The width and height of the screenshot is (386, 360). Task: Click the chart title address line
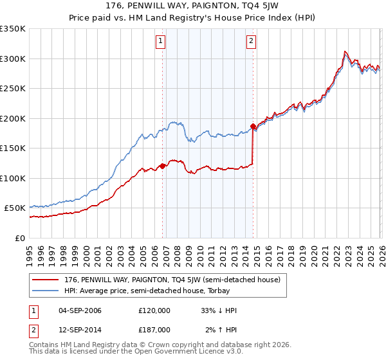[x=193, y=7]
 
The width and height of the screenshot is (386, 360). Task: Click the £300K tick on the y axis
[x=13, y=59]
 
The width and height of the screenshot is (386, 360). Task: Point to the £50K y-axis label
[x=15, y=208]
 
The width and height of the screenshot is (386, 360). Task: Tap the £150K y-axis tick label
[x=13, y=148]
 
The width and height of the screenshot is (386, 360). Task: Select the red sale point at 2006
[x=162, y=166]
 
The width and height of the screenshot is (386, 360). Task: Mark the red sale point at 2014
[x=253, y=126]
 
